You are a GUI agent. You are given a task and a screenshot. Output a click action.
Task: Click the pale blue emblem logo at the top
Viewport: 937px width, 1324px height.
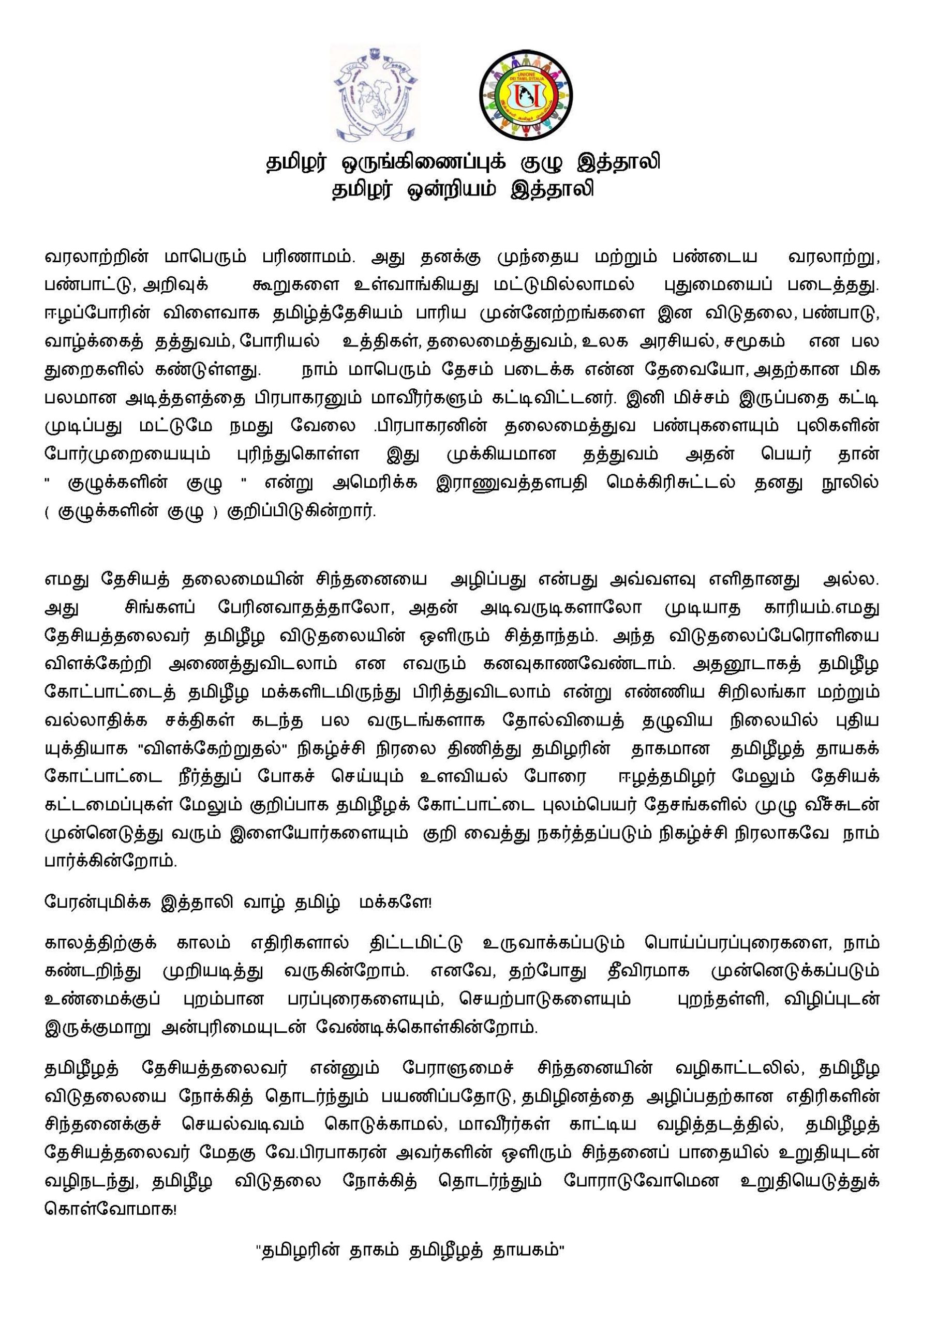pyautogui.click(x=375, y=94)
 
